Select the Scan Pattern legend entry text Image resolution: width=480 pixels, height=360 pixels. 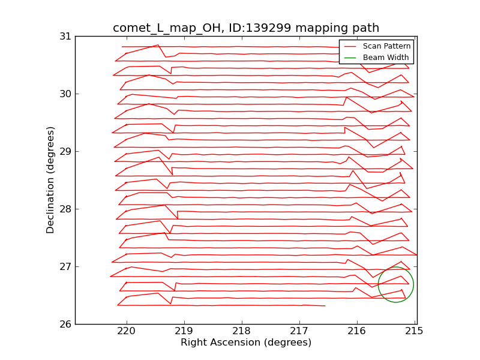click(386, 46)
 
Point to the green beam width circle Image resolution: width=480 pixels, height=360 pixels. click(395, 284)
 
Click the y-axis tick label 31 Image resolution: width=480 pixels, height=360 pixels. click(64, 37)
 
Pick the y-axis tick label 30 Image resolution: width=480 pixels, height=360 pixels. click(64, 94)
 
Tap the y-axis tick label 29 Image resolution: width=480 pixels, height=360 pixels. click(64, 152)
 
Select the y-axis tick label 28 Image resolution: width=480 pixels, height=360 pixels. click(64, 209)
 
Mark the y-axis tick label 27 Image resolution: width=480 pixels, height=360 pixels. click(64, 267)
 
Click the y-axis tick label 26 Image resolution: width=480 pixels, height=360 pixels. click(64, 325)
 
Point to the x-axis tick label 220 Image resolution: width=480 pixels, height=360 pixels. click(126, 331)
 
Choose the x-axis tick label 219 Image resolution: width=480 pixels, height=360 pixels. click(184, 331)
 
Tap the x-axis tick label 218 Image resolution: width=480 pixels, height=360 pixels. click(241, 331)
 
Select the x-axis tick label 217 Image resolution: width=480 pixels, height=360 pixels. click(299, 331)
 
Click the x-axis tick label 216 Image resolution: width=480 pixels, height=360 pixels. click(356, 331)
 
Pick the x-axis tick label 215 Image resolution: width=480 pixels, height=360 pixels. click(414, 331)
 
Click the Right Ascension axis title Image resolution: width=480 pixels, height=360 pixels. click(246, 343)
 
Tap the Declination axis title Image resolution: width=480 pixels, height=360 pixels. click(51, 180)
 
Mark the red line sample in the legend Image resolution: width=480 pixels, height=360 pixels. click(350, 46)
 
